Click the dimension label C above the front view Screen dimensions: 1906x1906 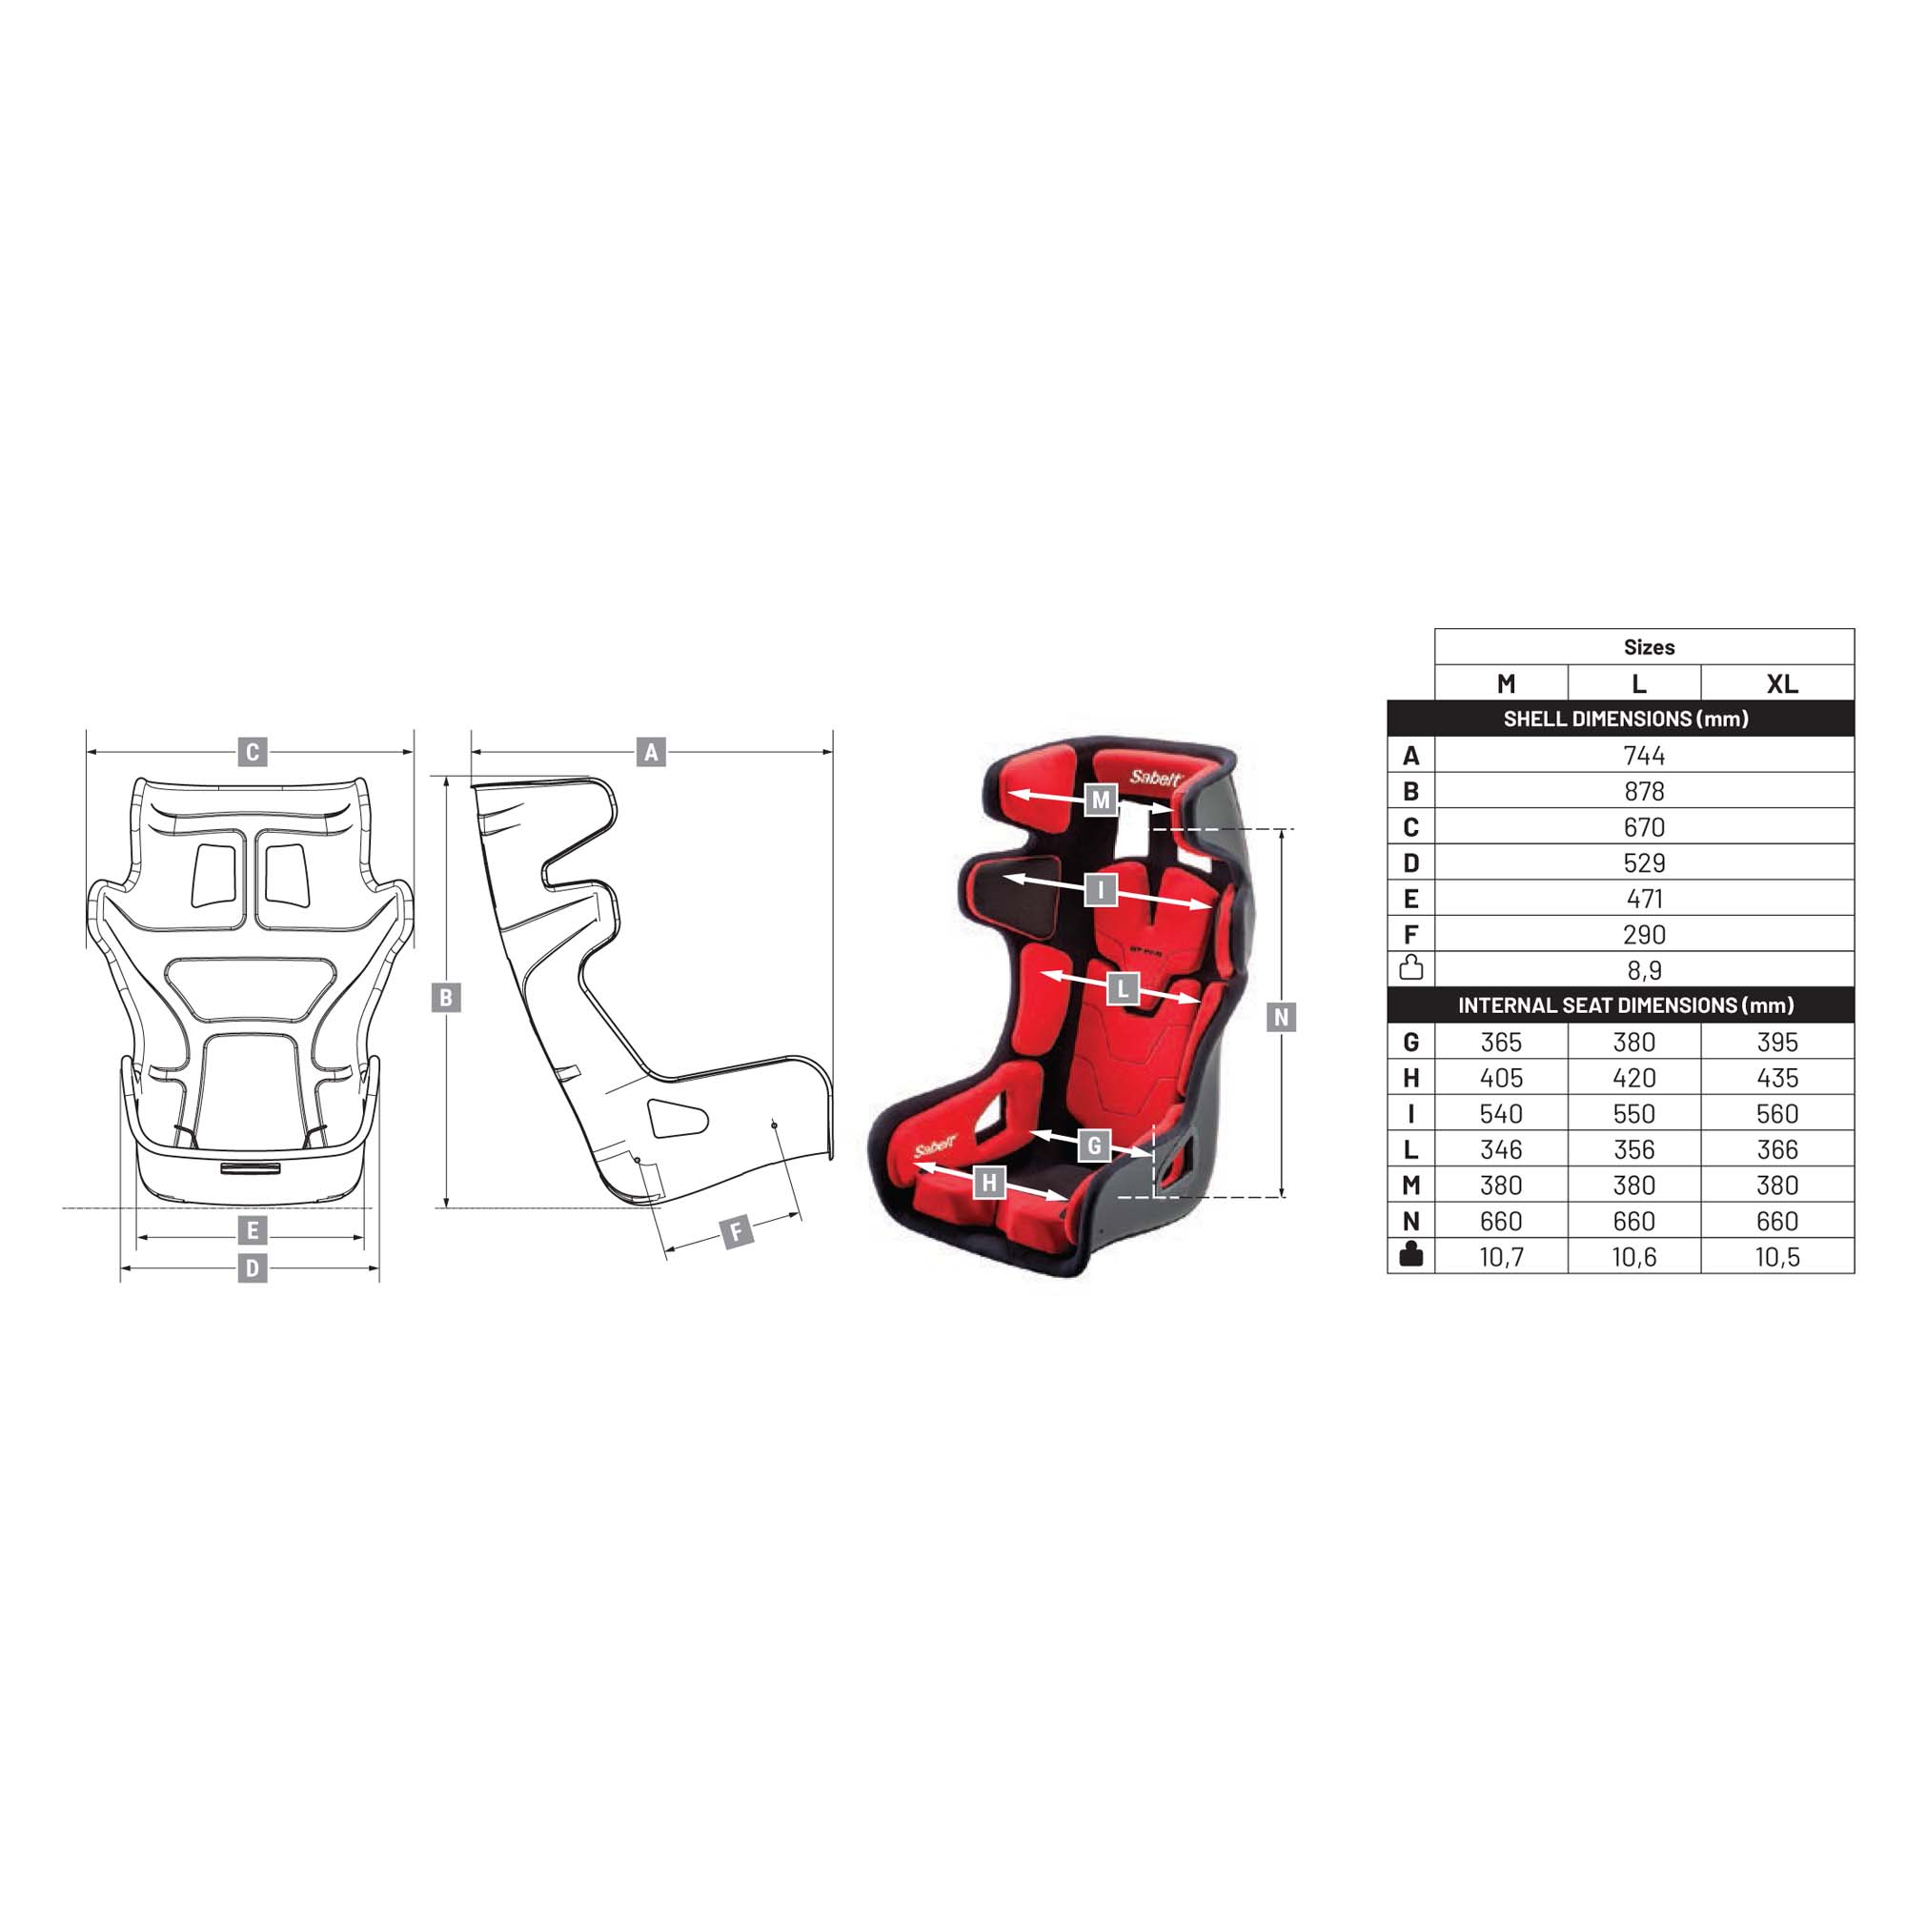tap(253, 753)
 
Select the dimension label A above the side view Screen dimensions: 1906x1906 tap(650, 753)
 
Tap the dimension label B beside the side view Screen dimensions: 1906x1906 tap(446, 998)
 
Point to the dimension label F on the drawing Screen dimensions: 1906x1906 tap(736, 1232)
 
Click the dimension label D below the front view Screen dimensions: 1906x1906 tap(253, 1267)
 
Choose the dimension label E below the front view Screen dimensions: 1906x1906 tap(253, 1230)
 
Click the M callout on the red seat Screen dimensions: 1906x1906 tap(1101, 801)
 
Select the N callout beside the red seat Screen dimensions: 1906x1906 tap(1281, 1017)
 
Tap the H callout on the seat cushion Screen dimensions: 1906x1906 tap(989, 1182)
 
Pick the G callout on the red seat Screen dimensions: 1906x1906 tap(1093, 1146)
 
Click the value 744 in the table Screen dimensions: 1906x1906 tap(1644, 756)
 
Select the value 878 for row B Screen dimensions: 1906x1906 tap(1644, 791)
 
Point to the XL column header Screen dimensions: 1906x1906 tap(1782, 683)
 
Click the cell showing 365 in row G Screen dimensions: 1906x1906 tap(1501, 1042)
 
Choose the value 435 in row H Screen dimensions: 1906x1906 tap(1776, 1078)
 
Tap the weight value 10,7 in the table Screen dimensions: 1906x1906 tap(1501, 1257)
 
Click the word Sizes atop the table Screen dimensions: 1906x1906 tap(1649, 647)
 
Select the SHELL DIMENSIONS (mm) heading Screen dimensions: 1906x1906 tap(1625, 720)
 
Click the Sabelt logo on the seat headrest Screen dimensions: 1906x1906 tap(1154, 779)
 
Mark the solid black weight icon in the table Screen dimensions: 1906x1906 tap(1410, 1255)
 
